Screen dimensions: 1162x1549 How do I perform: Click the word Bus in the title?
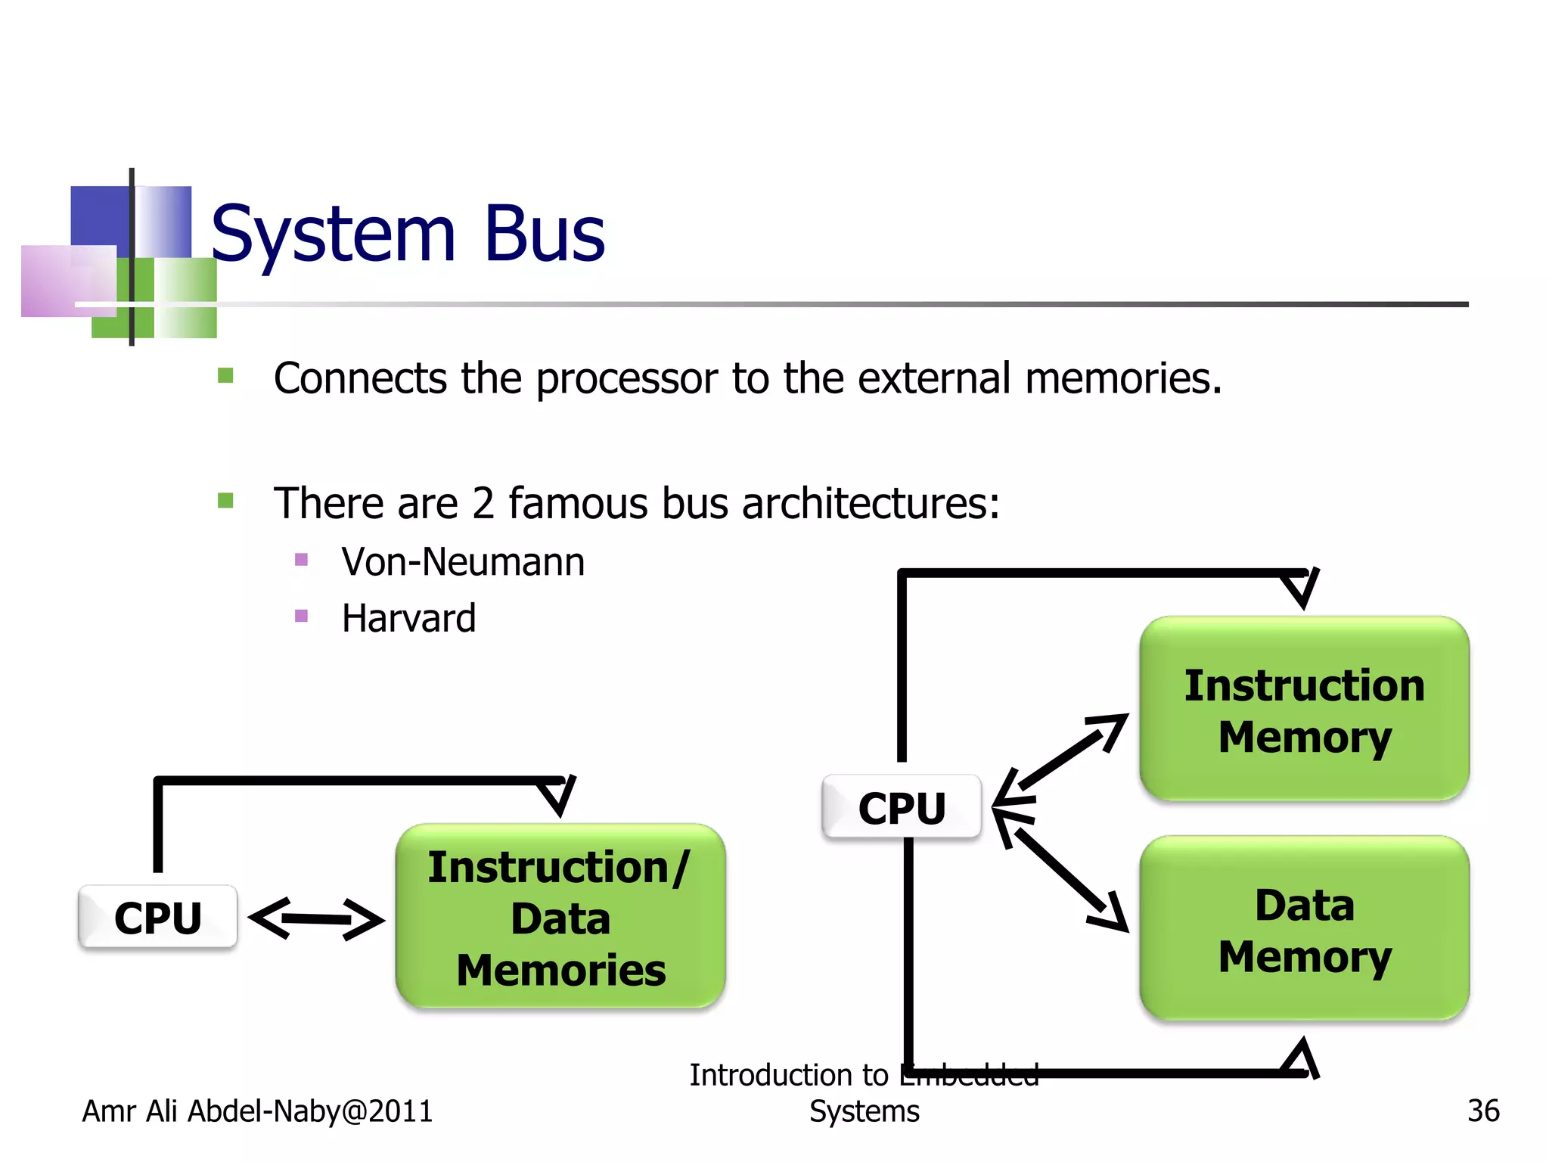tap(544, 234)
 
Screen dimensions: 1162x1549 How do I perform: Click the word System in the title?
tap(333, 234)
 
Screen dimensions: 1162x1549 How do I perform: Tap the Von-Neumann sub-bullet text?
tap(463, 562)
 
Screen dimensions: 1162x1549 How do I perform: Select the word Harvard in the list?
tap(408, 618)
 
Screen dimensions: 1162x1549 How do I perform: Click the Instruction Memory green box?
tap(1304, 710)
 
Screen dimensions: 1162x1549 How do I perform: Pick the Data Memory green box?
tap(1304, 929)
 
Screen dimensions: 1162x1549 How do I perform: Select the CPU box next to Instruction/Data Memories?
tap(157, 917)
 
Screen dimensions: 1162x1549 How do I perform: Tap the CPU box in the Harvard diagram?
tap(902, 807)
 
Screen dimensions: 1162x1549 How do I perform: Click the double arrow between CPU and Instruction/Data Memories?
tap(317, 919)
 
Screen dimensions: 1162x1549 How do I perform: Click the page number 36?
tap(1482, 1111)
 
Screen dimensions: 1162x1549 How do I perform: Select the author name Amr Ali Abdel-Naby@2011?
tap(257, 1111)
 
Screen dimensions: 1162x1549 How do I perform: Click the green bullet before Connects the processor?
tap(225, 376)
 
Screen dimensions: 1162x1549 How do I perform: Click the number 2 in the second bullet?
tap(483, 504)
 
